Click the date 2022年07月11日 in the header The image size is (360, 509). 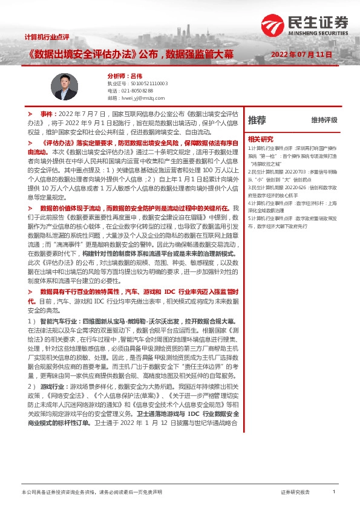[302, 54]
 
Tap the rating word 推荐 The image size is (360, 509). [257, 120]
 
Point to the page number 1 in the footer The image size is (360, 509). [333, 492]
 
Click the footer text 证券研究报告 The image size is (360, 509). [295, 493]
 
